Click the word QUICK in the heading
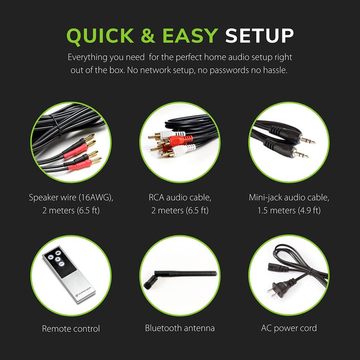tap(100, 36)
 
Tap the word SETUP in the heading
tap(259, 36)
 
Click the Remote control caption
tap(71, 329)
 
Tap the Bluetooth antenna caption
tap(180, 328)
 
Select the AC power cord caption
tap(289, 328)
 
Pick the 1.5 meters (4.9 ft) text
tap(289, 211)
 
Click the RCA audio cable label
tap(180, 197)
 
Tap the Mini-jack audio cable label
tap(289, 197)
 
